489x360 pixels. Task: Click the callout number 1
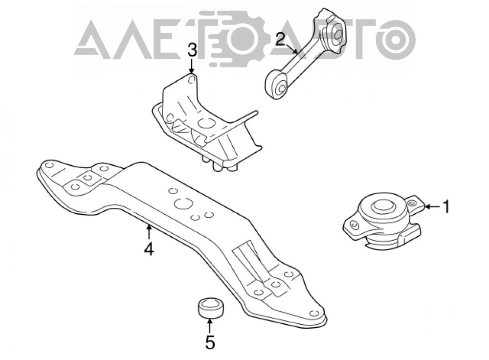(x=446, y=207)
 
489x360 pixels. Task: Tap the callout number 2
(x=280, y=40)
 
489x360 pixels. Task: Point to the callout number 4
(x=149, y=249)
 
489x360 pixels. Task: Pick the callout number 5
(x=210, y=342)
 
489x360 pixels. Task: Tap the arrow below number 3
(x=192, y=66)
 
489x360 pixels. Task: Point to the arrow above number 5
(x=210, y=325)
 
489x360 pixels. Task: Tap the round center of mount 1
(x=382, y=206)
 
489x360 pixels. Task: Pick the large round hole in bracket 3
(x=205, y=123)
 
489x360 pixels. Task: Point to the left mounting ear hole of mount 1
(x=353, y=225)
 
